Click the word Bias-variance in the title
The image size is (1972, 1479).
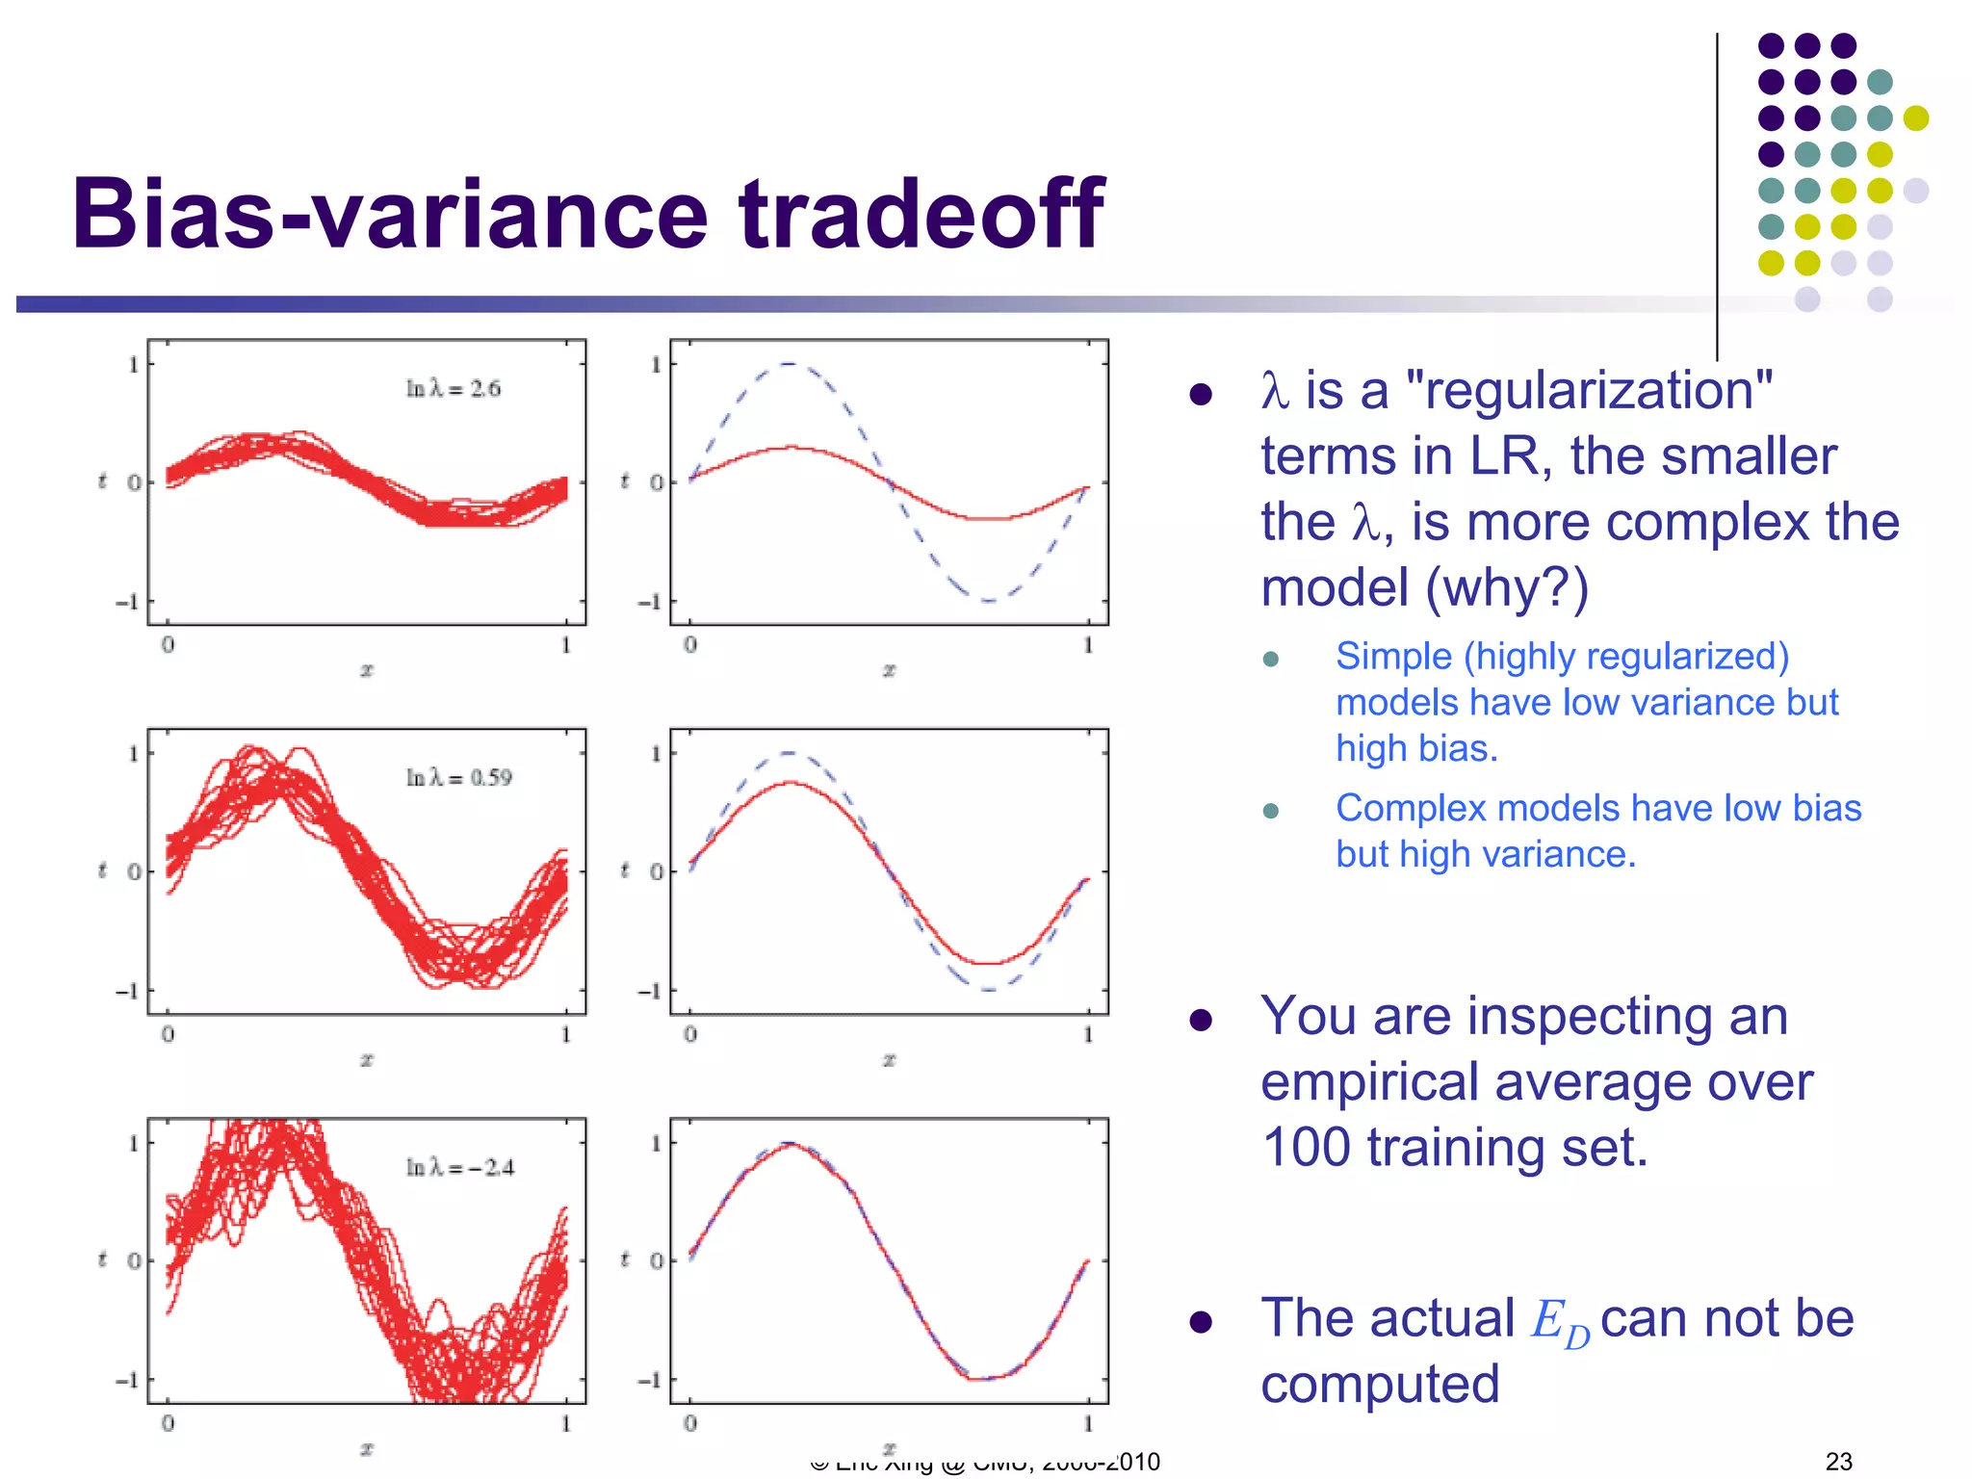pos(390,214)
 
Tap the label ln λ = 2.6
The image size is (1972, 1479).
pos(453,389)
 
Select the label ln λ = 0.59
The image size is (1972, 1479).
pos(458,778)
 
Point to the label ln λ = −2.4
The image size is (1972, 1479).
pos(459,1168)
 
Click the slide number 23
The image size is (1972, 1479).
pos(1838,1461)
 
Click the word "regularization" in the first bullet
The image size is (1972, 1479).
pos(1589,391)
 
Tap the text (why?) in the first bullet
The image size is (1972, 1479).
pos(1507,587)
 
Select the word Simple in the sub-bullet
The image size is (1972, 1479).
pos(1393,657)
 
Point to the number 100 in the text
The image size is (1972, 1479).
pos(1306,1148)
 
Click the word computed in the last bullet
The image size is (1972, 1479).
pos(1380,1385)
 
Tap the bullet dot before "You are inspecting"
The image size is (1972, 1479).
pos(1200,1021)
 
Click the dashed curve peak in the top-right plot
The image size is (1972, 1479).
pos(789,364)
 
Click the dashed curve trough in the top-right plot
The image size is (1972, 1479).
pos(988,600)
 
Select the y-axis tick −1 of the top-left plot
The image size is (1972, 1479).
pos(127,603)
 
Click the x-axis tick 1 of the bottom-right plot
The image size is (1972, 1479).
pos(1088,1423)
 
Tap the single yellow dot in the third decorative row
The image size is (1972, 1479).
pos(1915,117)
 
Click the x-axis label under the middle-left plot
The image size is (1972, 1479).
pos(366,1059)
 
